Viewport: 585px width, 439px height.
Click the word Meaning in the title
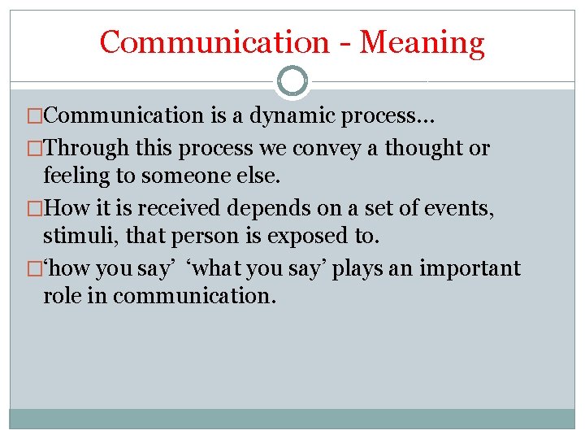point(422,41)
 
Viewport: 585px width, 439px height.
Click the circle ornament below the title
point(292,81)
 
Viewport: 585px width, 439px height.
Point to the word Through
point(86,149)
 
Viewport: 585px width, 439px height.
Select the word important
point(470,269)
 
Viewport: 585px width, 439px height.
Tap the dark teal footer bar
point(292,418)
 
